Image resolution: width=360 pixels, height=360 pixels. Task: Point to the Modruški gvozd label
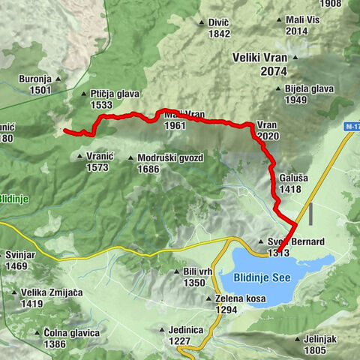pyautogui.click(x=166, y=157)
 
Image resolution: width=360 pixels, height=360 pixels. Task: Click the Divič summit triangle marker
pyautogui.click(x=202, y=22)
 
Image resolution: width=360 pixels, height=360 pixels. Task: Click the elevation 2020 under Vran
pyautogui.click(x=267, y=136)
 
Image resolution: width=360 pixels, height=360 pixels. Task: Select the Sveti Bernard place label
pyautogui.click(x=295, y=241)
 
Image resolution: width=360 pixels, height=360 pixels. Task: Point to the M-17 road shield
pyautogui.click(x=352, y=127)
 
